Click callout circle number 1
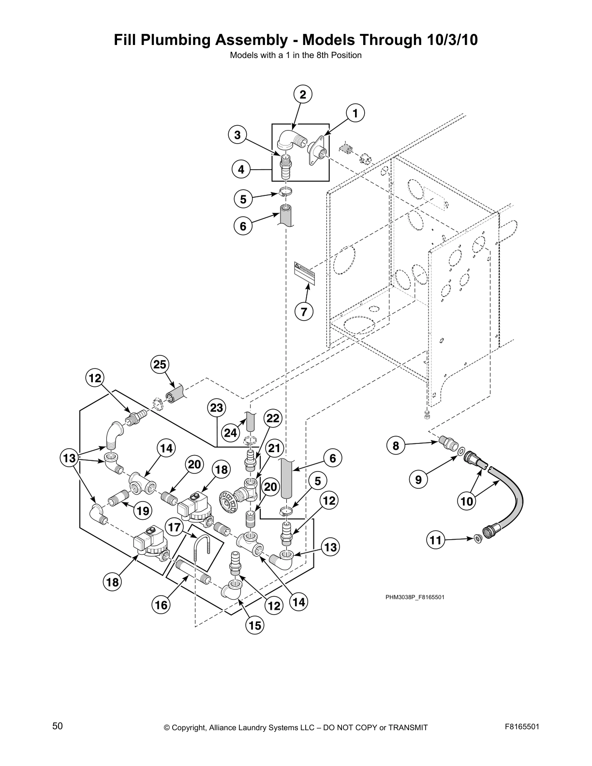coord(355,114)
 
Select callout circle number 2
coord(303,95)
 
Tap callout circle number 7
coord(304,311)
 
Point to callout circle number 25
coord(160,365)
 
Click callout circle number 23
coord(216,408)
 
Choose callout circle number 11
coord(436,539)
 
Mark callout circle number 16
coord(161,604)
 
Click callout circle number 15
coord(255,625)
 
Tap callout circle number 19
coord(143,510)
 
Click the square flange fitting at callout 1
coord(316,151)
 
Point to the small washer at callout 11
coord(478,538)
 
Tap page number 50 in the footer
coord(58,726)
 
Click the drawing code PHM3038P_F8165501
coord(414,597)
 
